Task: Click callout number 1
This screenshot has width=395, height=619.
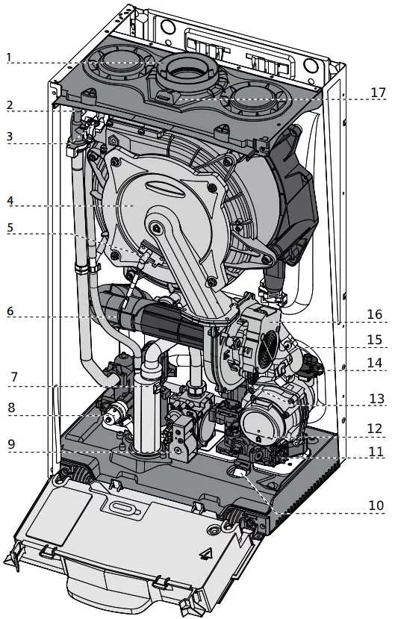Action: pyautogui.click(x=9, y=57)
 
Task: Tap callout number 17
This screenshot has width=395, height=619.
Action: pyautogui.click(x=378, y=93)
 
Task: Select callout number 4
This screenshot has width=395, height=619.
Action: pyautogui.click(x=10, y=201)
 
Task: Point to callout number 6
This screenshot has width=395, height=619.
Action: pyautogui.click(x=10, y=311)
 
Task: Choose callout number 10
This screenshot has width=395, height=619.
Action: pyautogui.click(x=376, y=506)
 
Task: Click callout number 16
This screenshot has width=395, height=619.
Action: pyautogui.click(x=375, y=314)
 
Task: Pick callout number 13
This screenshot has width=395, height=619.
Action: pyautogui.click(x=376, y=399)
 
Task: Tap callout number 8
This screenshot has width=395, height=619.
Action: pyautogui.click(x=11, y=408)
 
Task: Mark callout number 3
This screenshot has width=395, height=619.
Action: pyautogui.click(x=10, y=137)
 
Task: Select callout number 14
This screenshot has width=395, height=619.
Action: pyautogui.click(x=375, y=363)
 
